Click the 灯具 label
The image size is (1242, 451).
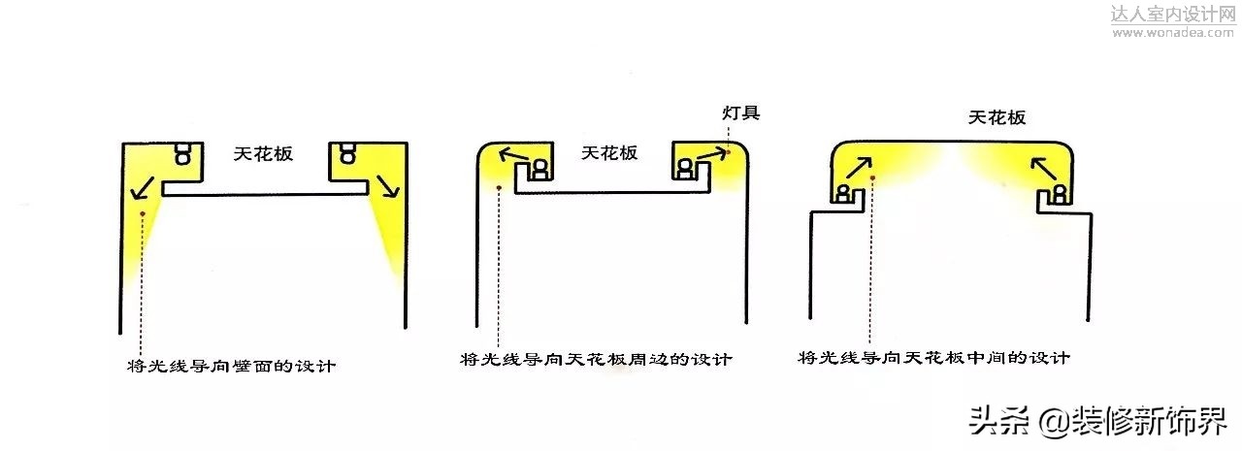pos(740,113)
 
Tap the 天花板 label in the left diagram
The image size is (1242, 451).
pos(263,153)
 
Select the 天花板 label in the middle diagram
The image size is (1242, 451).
pos(609,153)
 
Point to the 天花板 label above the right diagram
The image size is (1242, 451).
pos(997,118)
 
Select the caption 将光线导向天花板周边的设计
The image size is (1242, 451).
pos(596,360)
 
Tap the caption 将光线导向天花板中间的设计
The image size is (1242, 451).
pos(933,358)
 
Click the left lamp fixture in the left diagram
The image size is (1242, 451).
pos(183,154)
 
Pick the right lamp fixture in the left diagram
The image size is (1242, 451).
pos(346,154)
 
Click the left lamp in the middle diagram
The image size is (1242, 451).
pos(538,169)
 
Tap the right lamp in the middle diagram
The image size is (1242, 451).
pos(686,169)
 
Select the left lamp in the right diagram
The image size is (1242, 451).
pos(845,194)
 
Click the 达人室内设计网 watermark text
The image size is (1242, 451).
pos(1173,15)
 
